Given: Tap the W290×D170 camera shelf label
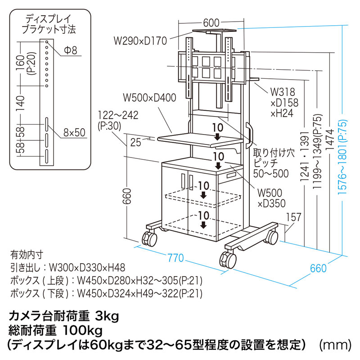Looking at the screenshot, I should (140, 41).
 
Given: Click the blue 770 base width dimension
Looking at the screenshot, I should (175, 258).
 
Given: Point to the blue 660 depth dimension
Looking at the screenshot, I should (318, 268).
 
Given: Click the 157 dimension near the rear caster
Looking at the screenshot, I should (293, 218).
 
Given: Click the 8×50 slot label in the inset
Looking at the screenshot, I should (74, 133).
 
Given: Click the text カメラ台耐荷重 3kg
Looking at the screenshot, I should (63, 316).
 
